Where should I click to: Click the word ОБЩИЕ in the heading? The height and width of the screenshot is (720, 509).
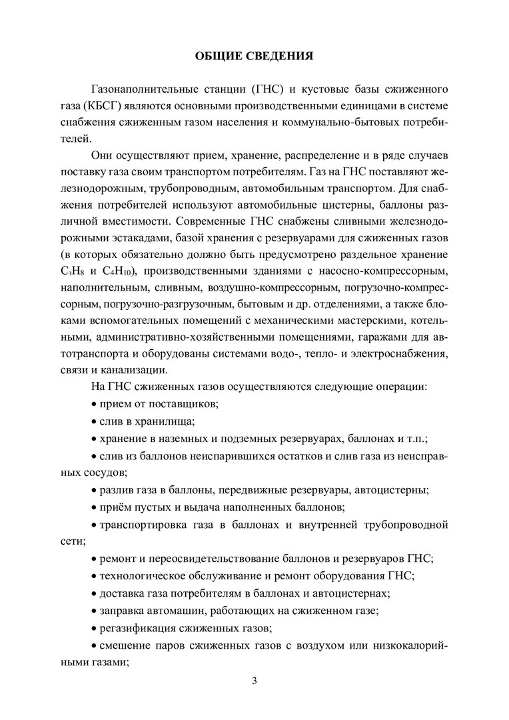(218, 56)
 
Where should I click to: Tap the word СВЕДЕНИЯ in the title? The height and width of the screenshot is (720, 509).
(280, 56)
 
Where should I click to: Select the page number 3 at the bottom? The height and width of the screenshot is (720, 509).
(254, 681)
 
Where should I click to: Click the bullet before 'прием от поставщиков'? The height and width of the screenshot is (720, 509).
(93, 404)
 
